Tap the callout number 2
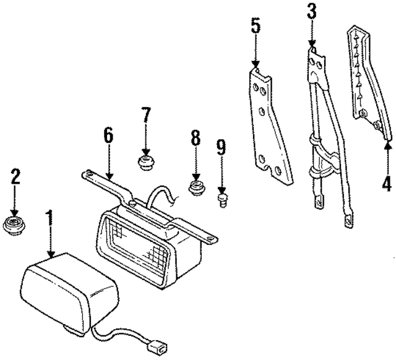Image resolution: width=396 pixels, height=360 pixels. (15, 177)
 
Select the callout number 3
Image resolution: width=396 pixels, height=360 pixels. (311, 12)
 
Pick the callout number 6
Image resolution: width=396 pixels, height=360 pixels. (108, 136)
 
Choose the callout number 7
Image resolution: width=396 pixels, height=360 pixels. (145, 116)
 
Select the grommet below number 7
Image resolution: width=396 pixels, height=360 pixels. (146, 164)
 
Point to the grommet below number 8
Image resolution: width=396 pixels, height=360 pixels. (197, 187)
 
